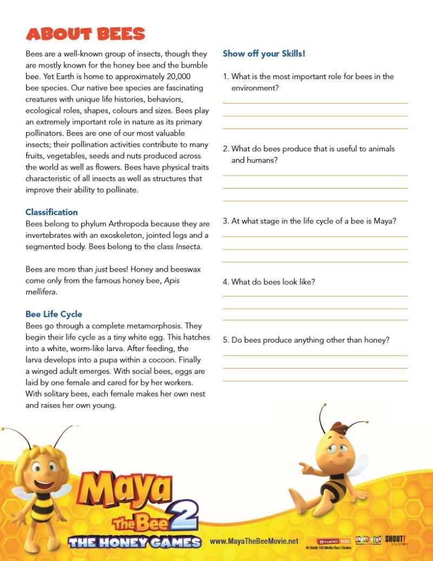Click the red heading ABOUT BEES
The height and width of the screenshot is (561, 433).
[x=86, y=34]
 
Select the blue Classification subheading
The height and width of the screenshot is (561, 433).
[x=51, y=212]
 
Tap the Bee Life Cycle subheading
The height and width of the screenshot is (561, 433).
[x=54, y=314]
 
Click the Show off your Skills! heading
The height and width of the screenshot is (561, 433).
[x=264, y=54]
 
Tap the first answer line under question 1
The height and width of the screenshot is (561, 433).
[x=315, y=103]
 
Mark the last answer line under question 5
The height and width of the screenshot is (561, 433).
[x=315, y=381]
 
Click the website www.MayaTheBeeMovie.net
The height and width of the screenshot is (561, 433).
[x=254, y=541]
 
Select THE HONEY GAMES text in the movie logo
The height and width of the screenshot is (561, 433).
[x=135, y=542]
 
